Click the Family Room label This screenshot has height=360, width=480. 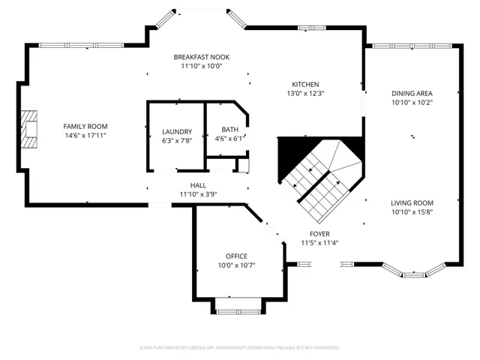point(85,126)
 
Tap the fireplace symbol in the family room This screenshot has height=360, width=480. point(28,127)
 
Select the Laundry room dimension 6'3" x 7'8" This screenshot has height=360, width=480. point(177,140)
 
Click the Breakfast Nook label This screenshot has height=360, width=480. point(202,57)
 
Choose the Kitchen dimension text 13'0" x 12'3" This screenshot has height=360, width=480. point(306,94)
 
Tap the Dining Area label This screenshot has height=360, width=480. point(412,94)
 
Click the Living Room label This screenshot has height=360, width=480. point(412,202)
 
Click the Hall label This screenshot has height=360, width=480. point(198,185)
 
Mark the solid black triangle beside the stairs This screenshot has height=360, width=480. point(292,155)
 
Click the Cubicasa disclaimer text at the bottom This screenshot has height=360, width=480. point(240,347)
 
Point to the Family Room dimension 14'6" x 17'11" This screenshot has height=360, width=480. point(85,136)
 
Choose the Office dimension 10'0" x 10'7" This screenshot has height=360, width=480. point(237,265)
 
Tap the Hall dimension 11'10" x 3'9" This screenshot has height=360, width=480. point(198,194)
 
